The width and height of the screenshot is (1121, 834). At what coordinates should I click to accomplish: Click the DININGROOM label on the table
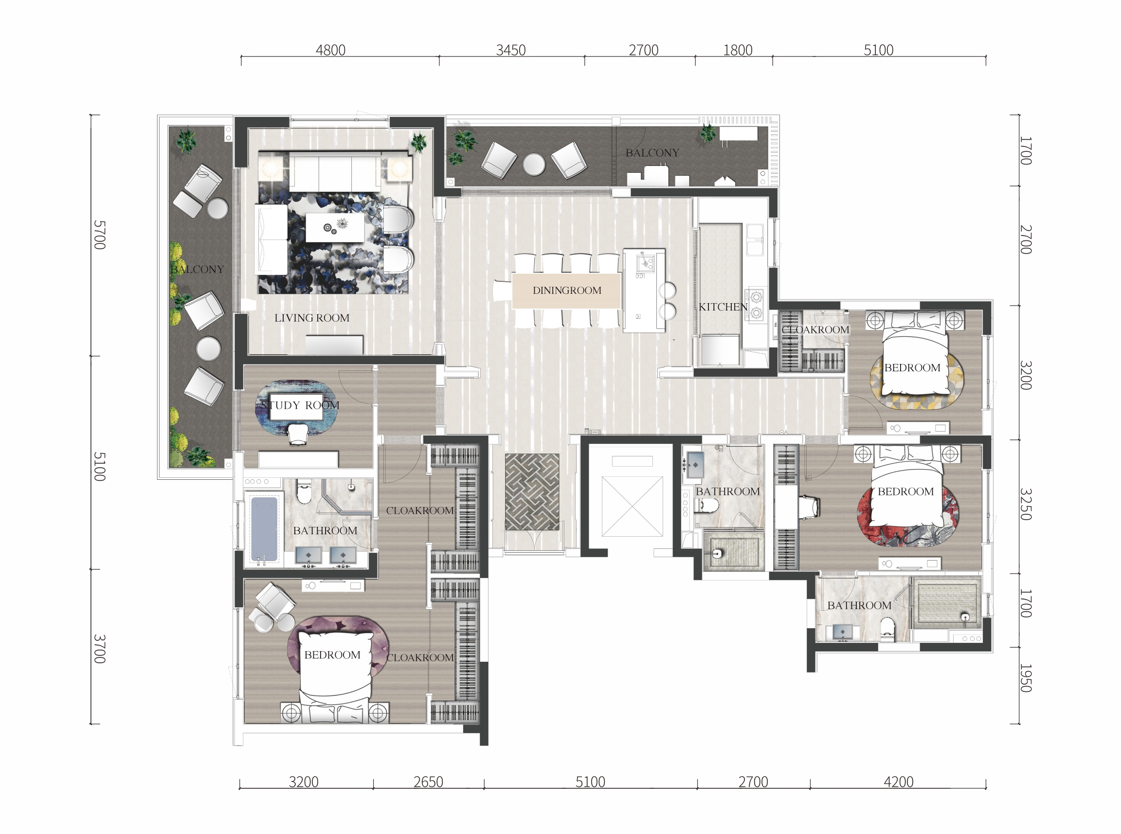click(567, 290)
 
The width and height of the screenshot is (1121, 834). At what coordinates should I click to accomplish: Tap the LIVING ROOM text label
click(312, 318)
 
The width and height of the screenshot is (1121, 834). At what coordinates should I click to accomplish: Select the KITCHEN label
click(723, 307)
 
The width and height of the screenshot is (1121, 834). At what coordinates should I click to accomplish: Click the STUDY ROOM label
click(300, 405)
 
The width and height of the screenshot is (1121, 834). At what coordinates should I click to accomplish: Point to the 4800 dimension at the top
click(330, 50)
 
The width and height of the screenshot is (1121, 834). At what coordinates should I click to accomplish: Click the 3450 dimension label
click(511, 50)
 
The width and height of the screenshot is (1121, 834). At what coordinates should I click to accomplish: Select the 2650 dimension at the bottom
click(428, 782)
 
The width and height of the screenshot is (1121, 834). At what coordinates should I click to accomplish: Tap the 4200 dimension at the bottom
click(899, 782)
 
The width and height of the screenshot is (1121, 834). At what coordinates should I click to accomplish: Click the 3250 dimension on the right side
click(1026, 504)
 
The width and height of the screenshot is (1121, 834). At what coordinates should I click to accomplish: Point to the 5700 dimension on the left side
click(100, 235)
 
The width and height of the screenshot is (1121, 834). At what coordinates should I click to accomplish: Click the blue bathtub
click(264, 528)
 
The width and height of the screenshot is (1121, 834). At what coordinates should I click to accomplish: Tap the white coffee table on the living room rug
click(335, 228)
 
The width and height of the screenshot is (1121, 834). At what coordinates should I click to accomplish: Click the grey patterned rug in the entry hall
click(532, 492)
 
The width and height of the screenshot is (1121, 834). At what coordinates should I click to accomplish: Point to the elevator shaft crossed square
click(632, 507)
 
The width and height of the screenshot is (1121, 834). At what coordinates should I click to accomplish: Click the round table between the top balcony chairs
click(534, 164)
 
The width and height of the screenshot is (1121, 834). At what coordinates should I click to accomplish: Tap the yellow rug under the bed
click(917, 381)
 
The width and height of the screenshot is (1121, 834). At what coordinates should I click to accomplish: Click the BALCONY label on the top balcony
click(652, 153)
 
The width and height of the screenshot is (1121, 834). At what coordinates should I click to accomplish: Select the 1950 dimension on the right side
click(1026, 678)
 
